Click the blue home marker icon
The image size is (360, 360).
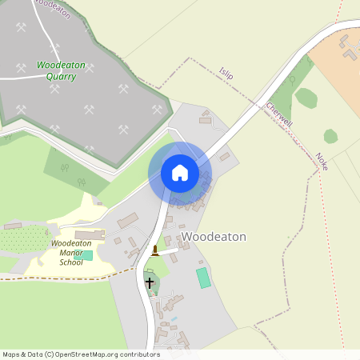coord(180,173)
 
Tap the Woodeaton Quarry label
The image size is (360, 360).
coord(56,70)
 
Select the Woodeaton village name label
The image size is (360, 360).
coord(213,237)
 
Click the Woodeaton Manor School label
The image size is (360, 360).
coord(71,252)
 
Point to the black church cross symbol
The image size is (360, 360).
coord(149,282)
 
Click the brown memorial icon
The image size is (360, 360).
coord(154,250)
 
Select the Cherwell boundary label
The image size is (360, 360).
coord(277,115)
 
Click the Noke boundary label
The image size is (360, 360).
coord(322,161)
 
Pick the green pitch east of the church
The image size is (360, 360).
coord(203,278)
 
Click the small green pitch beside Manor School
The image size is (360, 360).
coord(85,255)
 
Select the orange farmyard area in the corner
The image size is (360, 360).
coord(336,60)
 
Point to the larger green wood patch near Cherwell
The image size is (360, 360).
coord(306,98)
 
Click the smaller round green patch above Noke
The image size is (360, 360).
coord(330,136)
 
